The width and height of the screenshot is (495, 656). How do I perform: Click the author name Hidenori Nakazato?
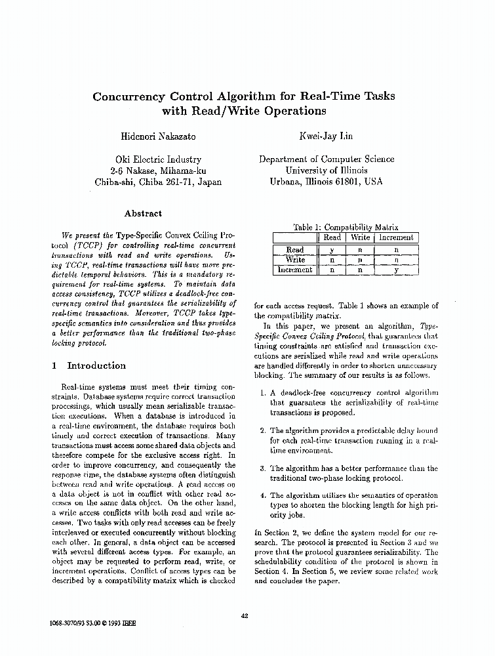click(x=157, y=136)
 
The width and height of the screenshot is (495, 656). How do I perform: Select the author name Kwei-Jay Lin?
click(x=327, y=136)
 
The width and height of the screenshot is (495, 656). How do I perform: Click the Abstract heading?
click(x=143, y=213)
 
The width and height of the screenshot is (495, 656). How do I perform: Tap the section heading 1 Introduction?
click(x=89, y=365)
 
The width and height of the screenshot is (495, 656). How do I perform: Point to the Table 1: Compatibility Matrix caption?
click(x=346, y=227)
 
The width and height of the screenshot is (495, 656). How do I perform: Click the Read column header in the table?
click(x=332, y=237)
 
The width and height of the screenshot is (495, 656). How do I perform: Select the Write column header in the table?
click(x=360, y=237)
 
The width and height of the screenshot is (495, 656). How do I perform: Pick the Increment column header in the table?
click(x=396, y=237)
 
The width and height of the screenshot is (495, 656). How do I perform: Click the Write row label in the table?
click(x=295, y=260)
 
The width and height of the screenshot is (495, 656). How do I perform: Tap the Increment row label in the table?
click(x=295, y=270)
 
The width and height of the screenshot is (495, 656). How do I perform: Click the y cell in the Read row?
click(x=332, y=250)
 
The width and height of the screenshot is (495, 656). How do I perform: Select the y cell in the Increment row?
click(x=396, y=270)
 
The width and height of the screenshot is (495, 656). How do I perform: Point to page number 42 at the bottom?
click(x=245, y=615)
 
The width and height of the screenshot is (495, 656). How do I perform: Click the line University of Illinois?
click(x=327, y=171)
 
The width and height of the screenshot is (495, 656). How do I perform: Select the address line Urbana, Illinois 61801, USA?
click(x=327, y=182)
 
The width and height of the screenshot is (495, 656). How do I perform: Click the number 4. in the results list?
click(x=262, y=496)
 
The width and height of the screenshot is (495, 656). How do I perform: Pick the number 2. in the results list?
click(x=262, y=430)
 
